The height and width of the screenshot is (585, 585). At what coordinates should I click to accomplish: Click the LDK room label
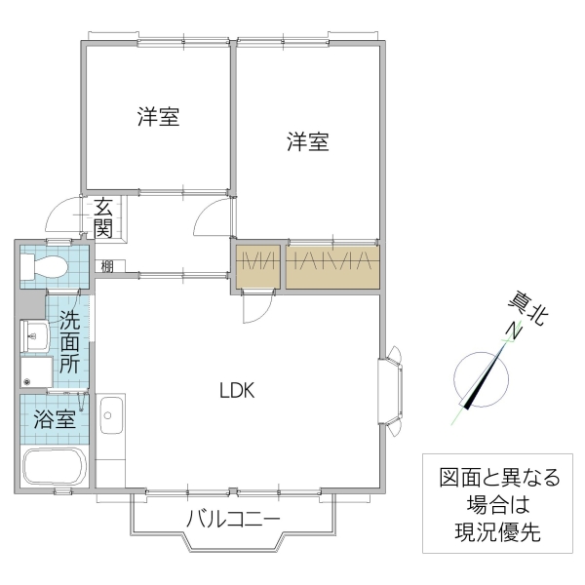(x=236, y=391)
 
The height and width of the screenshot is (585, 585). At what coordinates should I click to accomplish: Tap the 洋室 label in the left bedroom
(x=157, y=118)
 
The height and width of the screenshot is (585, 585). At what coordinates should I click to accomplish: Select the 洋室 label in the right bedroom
(x=307, y=142)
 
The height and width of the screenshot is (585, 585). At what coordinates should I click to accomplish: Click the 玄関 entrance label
(x=103, y=217)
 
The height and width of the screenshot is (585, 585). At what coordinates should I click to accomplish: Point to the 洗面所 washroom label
(x=70, y=342)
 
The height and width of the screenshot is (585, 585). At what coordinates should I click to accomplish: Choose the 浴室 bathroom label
(x=55, y=420)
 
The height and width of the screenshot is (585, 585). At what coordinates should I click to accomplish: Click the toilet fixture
(x=45, y=266)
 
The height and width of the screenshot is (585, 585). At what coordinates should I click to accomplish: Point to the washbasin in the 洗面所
(x=36, y=336)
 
